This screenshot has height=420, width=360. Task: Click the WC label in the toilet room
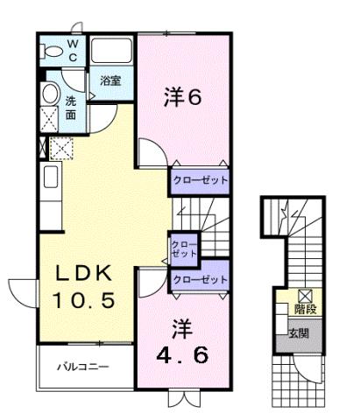coord(73,50)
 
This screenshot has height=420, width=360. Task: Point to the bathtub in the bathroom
coord(111,51)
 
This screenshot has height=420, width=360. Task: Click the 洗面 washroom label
coord(70,107)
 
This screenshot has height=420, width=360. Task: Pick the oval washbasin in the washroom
coord(50,94)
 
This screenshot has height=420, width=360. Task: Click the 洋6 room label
coord(182,97)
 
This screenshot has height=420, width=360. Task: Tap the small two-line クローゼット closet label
coord(183,248)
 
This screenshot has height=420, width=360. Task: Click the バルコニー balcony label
coord(84,366)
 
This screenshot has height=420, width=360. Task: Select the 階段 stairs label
coord(305,309)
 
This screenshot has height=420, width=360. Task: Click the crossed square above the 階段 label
coord(305,296)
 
